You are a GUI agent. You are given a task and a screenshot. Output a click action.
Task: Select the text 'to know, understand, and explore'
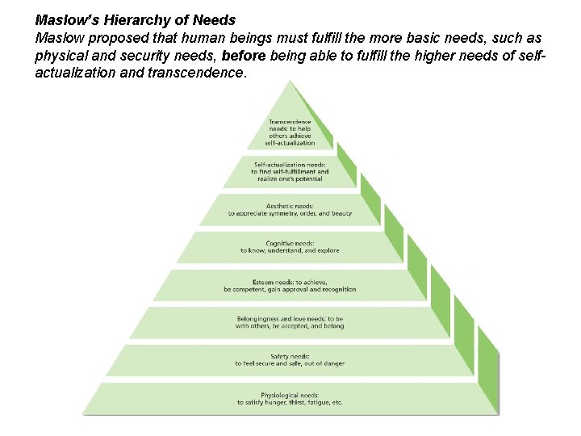point(290,251)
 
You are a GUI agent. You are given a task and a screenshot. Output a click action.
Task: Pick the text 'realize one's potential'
point(290,179)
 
